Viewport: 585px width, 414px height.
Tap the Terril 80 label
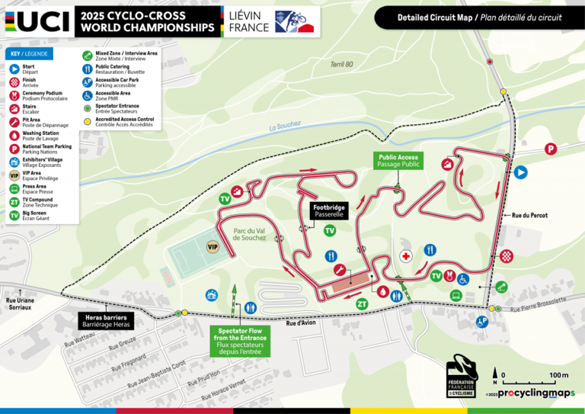pyautogui.click(x=342, y=65)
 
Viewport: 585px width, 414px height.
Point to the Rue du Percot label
pyautogui.click(x=529, y=215)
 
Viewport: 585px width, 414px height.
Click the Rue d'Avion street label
pyautogui.click(x=300, y=323)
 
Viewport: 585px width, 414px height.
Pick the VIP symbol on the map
pyautogui.click(x=213, y=246)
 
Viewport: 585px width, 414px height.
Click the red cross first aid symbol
pyautogui.click(x=407, y=256)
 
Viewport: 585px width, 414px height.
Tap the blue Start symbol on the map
pyautogui.click(x=521, y=172)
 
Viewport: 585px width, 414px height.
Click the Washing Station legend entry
pyautogui.click(x=42, y=136)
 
